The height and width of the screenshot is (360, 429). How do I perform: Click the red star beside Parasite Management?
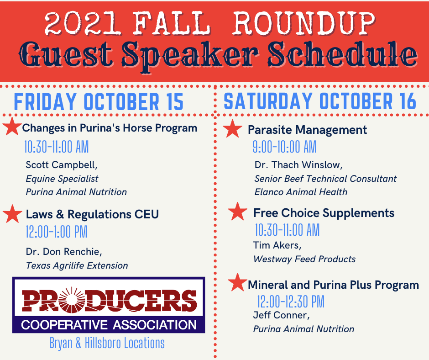click(x=233, y=128)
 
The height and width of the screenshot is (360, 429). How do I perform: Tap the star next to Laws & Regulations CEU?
click(x=13, y=213)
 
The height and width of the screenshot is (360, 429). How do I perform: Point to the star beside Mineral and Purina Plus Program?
click(x=237, y=282)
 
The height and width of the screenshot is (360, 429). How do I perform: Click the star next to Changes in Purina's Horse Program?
click(x=12, y=126)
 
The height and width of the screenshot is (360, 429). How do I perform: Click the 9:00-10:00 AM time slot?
click(x=284, y=147)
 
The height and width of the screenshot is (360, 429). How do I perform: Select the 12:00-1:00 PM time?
click(x=56, y=232)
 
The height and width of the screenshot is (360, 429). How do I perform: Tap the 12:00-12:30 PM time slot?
click(x=291, y=302)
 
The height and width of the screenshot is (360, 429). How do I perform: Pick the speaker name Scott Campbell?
click(x=62, y=164)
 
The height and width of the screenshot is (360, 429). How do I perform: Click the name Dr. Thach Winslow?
click(x=298, y=164)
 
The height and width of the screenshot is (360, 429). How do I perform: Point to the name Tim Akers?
click(x=277, y=245)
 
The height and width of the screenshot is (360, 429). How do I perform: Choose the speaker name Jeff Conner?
click(x=281, y=315)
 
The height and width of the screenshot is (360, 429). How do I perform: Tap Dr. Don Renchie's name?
click(x=64, y=252)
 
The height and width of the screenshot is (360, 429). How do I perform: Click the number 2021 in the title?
click(x=82, y=23)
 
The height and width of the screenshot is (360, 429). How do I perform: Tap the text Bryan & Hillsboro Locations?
click(x=107, y=343)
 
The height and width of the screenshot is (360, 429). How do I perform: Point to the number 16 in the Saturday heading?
click(x=407, y=101)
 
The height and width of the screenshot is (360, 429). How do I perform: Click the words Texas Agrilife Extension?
click(x=77, y=265)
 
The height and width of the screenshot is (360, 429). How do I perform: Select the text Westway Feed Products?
click(x=304, y=259)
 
